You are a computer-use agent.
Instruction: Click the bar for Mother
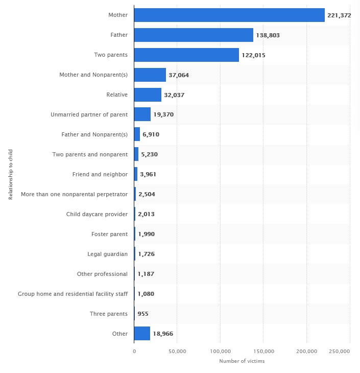[229, 15]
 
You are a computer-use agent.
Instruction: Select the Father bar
[194, 35]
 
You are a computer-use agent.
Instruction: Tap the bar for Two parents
[186, 55]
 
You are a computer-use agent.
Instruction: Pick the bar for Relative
[148, 95]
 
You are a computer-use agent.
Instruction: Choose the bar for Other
[142, 334]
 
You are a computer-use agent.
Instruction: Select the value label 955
[143, 314]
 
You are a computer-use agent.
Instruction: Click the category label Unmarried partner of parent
[89, 114]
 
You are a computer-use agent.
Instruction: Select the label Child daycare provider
[97, 214]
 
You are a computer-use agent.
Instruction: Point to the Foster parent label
[109, 234]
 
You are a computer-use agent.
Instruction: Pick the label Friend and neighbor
[100, 174]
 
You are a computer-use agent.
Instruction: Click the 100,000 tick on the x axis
[220, 352]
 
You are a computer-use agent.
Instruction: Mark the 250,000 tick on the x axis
[339, 352]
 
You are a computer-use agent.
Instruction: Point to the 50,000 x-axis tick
[177, 352]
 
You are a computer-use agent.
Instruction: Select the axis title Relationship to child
[11, 174]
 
